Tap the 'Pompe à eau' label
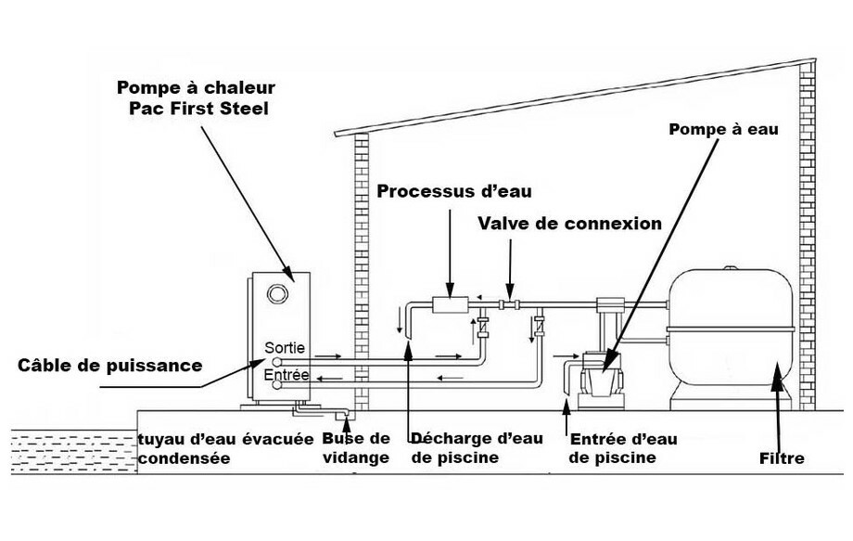(x=724, y=129)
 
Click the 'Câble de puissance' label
(x=110, y=365)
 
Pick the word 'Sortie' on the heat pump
(x=284, y=348)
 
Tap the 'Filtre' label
(x=781, y=458)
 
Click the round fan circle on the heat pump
(x=276, y=295)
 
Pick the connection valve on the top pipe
(x=509, y=303)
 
